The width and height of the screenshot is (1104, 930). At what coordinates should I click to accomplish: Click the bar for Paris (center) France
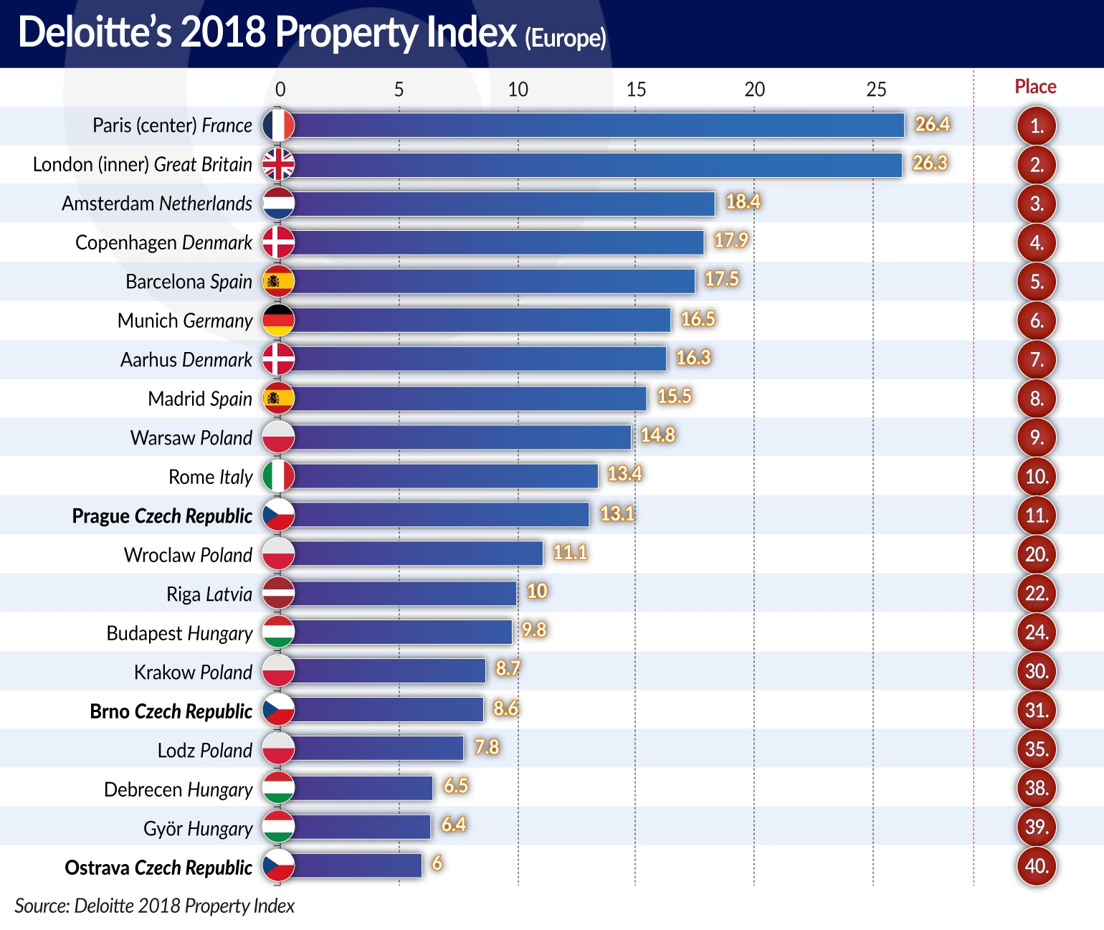pos(599,125)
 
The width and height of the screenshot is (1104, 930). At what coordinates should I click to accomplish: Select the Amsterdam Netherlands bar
pos(504,204)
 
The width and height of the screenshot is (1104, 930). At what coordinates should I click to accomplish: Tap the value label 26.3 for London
pos(930,163)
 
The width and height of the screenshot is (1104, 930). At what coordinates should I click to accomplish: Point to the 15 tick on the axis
pos(636,90)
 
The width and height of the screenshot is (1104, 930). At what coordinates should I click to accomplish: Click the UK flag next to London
pos(278,164)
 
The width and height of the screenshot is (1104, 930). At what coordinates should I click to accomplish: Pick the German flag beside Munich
pos(278,321)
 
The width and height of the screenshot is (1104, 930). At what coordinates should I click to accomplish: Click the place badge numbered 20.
pos(1037,554)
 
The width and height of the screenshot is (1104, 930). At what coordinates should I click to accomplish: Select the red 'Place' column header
pos(1035,87)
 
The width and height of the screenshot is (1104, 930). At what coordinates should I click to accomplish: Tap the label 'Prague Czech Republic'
pos(162,516)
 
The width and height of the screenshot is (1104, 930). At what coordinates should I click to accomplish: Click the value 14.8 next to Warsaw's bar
pos(657,435)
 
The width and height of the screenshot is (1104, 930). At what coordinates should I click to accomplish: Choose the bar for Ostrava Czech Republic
pos(358,866)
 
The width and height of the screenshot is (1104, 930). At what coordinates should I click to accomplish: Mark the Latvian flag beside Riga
pos(278,594)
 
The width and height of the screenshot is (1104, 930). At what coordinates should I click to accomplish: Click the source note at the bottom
pos(154,906)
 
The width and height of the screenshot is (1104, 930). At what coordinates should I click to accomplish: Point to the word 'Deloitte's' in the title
pos(95,33)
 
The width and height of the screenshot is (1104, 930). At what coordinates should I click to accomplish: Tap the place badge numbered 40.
pos(1037,866)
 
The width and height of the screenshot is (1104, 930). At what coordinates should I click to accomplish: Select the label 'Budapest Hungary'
pos(179,633)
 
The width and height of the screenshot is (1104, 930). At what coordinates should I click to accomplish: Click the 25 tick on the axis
pos(876,90)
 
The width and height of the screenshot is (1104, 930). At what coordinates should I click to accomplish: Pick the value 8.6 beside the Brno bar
pos(505,708)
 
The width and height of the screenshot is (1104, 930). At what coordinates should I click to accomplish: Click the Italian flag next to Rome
pos(278,476)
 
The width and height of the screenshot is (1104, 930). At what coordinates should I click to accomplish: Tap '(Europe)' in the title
pos(566,37)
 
